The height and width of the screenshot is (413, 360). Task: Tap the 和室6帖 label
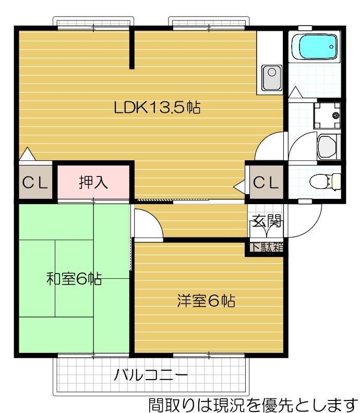(74, 278)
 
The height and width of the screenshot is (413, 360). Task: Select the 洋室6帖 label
(206, 301)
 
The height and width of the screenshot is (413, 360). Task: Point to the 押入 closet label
(93, 182)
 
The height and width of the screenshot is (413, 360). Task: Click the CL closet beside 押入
(35, 183)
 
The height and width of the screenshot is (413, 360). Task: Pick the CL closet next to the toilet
(266, 182)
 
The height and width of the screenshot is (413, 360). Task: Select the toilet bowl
(323, 181)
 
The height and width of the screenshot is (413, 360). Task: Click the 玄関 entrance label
(267, 221)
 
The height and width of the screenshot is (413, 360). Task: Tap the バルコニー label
(151, 374)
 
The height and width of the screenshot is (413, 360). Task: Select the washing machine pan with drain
(327, 114)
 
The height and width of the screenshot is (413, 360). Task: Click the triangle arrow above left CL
(27, 155)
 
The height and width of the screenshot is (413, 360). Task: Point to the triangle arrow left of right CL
(239, 185)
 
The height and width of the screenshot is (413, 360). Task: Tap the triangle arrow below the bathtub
(295, 92)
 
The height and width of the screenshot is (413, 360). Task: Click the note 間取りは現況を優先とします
(253, 404)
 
